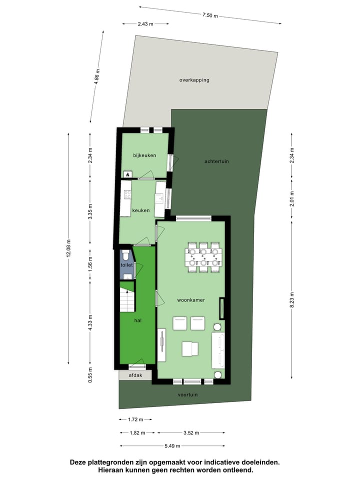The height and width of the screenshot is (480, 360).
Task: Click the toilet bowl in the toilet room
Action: coord(125,254)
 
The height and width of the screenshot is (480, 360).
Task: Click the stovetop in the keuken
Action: coord(127,194)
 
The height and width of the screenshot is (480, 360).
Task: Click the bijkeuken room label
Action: coord(144,155)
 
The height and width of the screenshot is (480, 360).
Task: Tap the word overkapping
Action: coord(194,80)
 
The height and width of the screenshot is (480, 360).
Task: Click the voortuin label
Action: coord(188,394)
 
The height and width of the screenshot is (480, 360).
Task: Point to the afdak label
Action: coord(135,375)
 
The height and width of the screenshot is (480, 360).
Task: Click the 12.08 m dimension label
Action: coord(68,247)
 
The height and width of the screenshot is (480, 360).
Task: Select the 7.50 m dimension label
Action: coord(210,15)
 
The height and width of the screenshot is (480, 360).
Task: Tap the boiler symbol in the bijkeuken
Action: coord(128,174)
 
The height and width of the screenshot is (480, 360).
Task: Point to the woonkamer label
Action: coord(189,300)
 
